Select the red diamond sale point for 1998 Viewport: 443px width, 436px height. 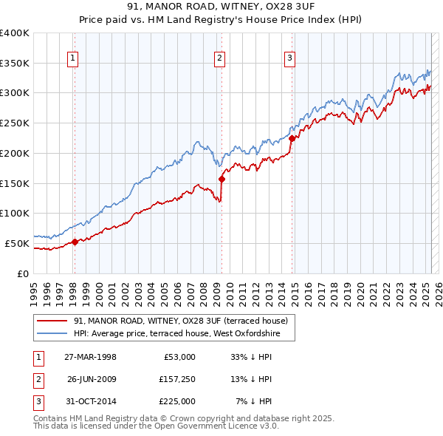click(x=75, y=242)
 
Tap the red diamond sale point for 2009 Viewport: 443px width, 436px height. click(x=221, y=179)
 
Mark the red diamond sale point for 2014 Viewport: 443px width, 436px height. click(x=292, y=137)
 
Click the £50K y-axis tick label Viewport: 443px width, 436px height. click(x=16, y=243)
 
